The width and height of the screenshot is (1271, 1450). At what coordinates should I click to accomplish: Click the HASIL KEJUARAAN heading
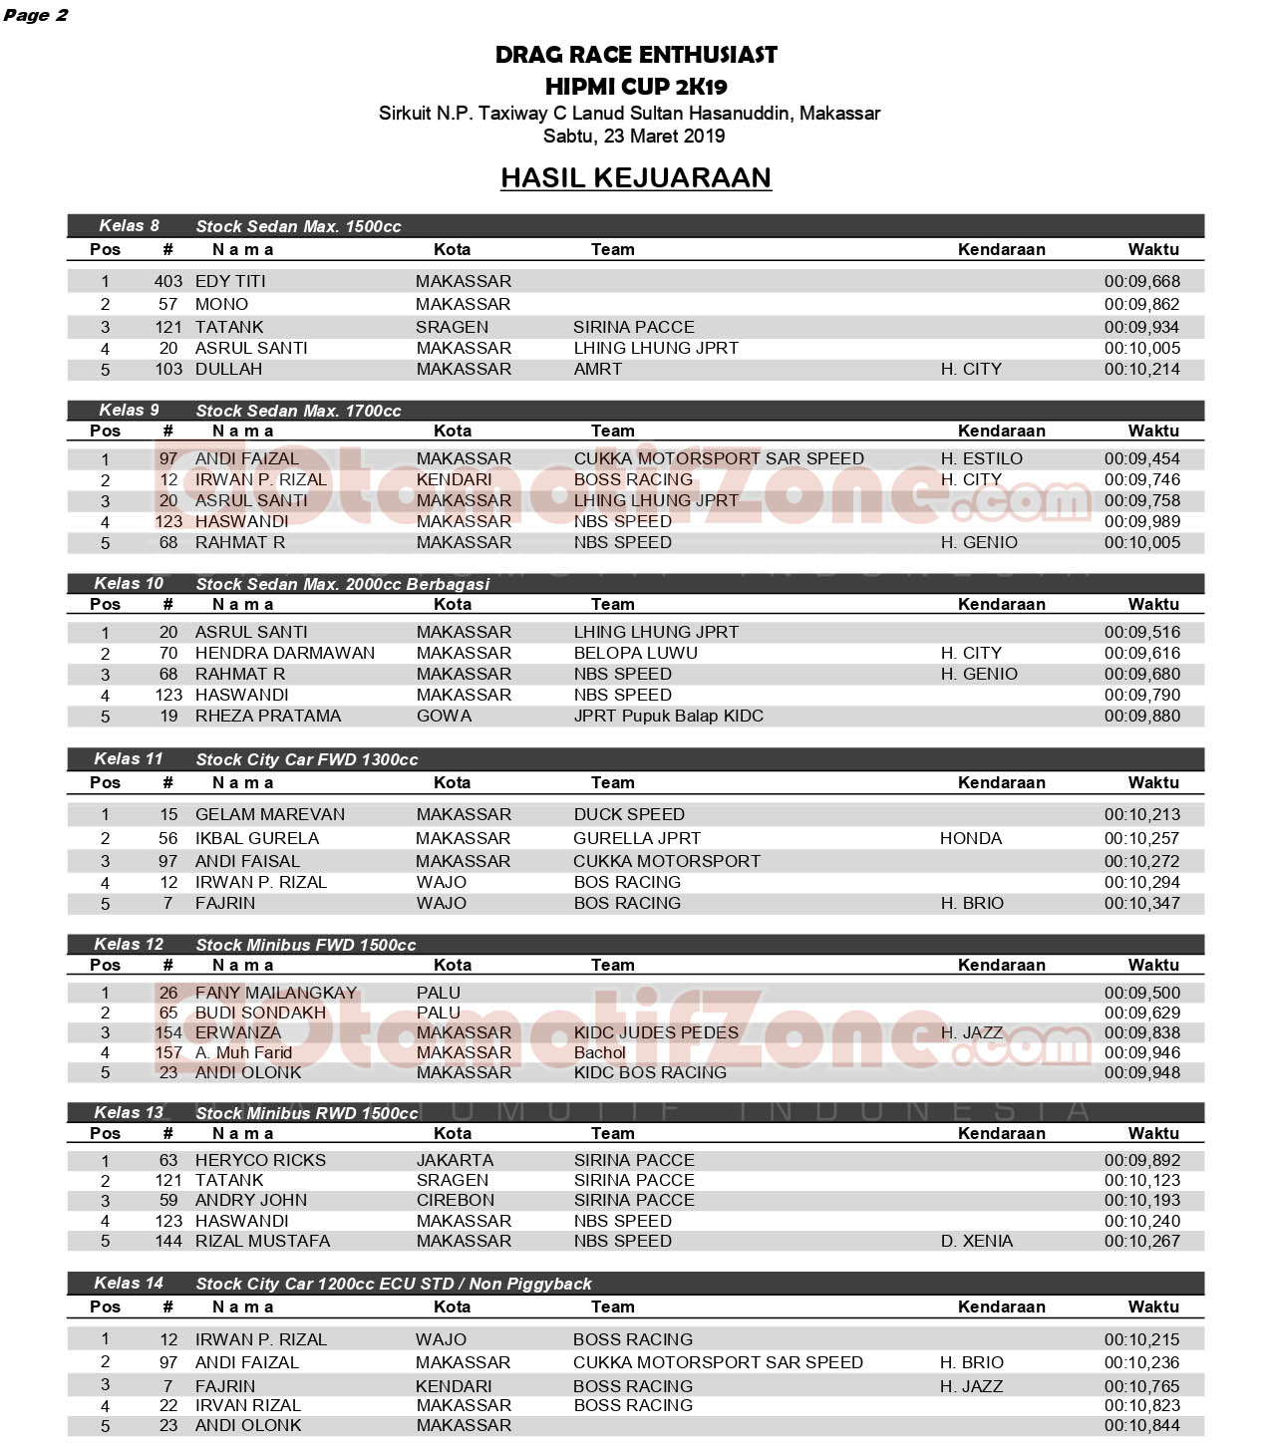coord(635,177)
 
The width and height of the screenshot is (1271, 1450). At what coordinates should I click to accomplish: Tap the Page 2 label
coord(35,15)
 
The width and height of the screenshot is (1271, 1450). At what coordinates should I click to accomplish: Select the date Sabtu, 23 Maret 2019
coord(634,137)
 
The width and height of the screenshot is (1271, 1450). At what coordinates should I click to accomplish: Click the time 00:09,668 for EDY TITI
coord(1141,282)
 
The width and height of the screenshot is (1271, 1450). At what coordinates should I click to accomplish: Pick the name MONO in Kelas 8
coord(221,304)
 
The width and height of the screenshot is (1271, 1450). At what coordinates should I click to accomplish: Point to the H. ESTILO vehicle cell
coord(981,458)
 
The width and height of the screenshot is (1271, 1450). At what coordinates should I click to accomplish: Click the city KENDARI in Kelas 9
coord(454,479)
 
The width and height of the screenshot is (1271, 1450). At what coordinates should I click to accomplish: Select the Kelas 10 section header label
coord(129,584)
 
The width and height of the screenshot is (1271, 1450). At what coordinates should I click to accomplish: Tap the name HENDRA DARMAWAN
coord(285,653)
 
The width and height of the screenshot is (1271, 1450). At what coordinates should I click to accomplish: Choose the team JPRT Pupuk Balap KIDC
coord(668,716)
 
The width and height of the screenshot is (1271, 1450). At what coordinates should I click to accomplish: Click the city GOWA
coord(444,716)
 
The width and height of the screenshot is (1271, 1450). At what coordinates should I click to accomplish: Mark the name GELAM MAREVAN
coord(270,814)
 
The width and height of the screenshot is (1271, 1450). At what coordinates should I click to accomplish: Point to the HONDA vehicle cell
coord(970,838)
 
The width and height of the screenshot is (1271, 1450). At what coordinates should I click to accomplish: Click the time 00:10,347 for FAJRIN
coord(1141,903)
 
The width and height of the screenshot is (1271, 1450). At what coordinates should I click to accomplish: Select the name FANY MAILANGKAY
coord(276,993)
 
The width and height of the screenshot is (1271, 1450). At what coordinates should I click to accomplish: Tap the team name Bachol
coord(599,1052)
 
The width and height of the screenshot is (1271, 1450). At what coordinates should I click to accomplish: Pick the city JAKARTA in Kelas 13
coord(455,1160)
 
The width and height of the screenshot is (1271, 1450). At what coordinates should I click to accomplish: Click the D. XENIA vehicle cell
coord(976,1241)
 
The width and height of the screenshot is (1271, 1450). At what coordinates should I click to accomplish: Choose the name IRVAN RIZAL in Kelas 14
coord(247,1405)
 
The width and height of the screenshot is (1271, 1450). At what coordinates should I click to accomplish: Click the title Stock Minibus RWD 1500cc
coord(307,1113)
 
